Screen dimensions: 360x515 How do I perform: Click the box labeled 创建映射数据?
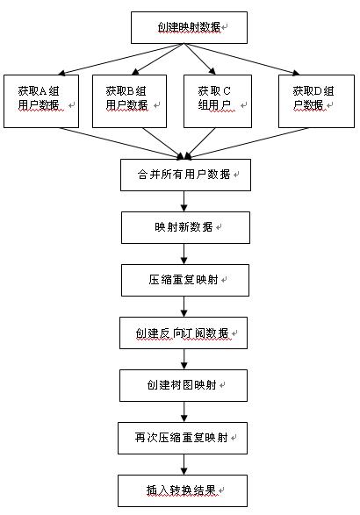point(189,27)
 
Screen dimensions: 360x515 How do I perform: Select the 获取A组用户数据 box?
point(41,101)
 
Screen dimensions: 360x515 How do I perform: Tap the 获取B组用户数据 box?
point(130,101)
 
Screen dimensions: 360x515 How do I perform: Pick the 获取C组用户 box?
point(218,101)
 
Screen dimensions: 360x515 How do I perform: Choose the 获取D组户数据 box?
point(316,101)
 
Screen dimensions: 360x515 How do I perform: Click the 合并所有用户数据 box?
point(185,175)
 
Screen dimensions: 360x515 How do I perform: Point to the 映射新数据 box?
point(185,227)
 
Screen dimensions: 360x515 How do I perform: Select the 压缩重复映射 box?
point(185,280)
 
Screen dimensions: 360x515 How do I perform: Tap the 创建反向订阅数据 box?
point(184,333)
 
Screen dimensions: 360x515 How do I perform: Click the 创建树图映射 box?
point(184,385)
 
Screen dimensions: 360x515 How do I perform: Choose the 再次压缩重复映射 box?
point(183,438)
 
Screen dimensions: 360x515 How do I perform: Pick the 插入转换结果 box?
point(183,490)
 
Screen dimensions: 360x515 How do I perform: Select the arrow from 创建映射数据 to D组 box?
point(241,59)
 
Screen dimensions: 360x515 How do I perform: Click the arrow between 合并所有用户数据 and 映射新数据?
point(184,201)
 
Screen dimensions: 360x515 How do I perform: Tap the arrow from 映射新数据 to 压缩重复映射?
point(184,254)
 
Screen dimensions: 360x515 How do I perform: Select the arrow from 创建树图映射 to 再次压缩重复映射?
point(184,411)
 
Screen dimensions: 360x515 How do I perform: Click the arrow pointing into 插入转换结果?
point(184,464)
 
